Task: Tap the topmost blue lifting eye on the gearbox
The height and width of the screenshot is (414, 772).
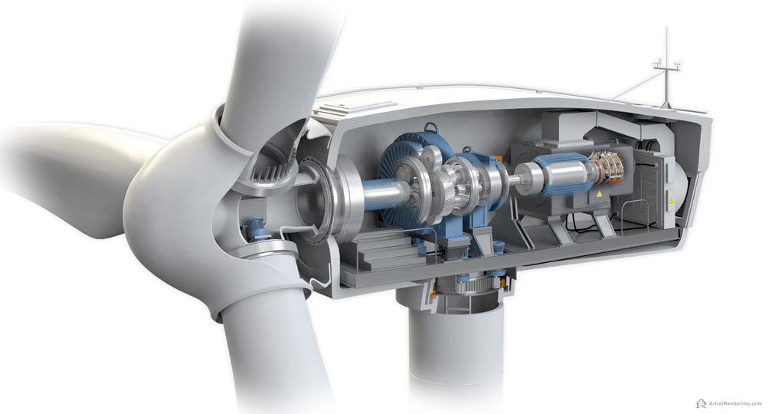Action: (430, 128)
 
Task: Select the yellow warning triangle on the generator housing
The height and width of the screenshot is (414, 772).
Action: (599, 195)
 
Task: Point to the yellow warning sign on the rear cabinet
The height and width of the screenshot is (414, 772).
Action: (670, 201)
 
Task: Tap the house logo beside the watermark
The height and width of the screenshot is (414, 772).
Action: (701, 403)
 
